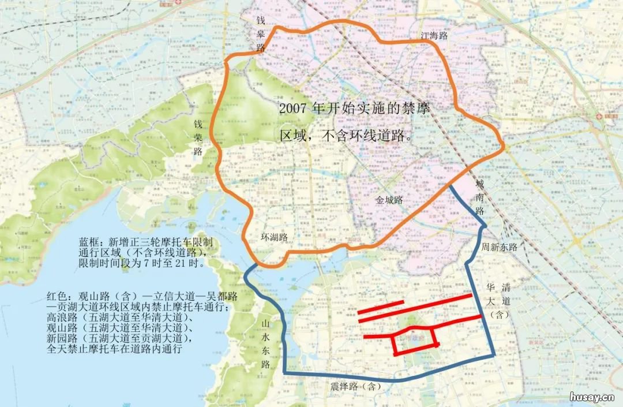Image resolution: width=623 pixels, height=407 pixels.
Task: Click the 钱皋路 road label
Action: point(261,34)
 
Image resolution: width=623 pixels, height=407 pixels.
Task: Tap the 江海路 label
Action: point(434,36)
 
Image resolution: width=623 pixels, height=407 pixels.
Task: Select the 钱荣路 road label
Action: point(198,138)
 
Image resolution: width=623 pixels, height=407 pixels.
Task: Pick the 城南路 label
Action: point(479,197)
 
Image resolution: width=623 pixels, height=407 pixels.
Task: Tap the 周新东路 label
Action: point(500,247)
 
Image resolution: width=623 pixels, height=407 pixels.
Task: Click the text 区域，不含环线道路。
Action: point(346,137)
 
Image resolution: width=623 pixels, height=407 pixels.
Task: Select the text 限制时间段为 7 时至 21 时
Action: point(142,263)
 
